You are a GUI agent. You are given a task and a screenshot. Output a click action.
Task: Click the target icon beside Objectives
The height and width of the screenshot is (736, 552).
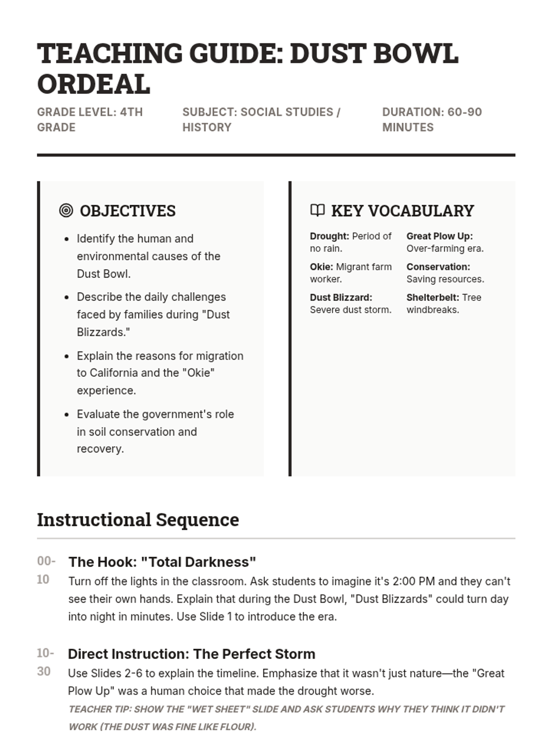(x=66, y=211)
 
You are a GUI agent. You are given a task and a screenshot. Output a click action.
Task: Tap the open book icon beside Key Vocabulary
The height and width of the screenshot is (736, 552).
(x=317, y=210)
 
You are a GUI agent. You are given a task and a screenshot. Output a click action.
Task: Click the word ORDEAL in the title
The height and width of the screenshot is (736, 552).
(x=93, y=84)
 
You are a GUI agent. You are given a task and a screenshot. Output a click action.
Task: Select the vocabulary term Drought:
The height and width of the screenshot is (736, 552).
(x=329, y=236)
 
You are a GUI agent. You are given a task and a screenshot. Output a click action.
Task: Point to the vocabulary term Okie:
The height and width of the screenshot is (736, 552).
(x=321, y=267)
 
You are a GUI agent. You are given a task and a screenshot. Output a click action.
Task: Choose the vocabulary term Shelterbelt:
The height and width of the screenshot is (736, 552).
(x=432, y=298)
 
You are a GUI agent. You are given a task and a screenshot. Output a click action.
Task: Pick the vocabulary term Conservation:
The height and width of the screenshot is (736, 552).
(x=438, y=267)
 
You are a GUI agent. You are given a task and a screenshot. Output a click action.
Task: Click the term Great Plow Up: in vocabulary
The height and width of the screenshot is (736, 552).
(x=439, y=236)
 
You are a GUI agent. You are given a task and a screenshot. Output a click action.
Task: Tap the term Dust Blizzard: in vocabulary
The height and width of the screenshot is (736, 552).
(x=341, y=298)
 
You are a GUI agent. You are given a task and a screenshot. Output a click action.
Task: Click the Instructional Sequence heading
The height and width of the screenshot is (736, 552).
(x=138, y=520)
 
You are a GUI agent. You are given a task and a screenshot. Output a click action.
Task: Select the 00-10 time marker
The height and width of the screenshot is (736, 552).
(x=46, y=570)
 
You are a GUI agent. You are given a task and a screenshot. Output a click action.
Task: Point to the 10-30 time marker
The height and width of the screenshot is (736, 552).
(x=45, y=662)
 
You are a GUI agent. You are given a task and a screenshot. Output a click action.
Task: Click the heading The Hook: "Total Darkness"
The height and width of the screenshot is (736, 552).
(x=162, y=562)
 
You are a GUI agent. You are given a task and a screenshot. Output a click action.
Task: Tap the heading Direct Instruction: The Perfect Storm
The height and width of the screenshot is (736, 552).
(x=191, y=654)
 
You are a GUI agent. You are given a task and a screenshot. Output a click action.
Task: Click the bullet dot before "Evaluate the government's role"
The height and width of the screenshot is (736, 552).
(x=67, y=414)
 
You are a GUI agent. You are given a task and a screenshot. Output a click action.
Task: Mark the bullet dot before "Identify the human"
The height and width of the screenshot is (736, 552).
(x=67, y=239)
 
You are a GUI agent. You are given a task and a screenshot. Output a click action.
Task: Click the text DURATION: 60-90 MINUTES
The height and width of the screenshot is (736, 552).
(x=432, y=120)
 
